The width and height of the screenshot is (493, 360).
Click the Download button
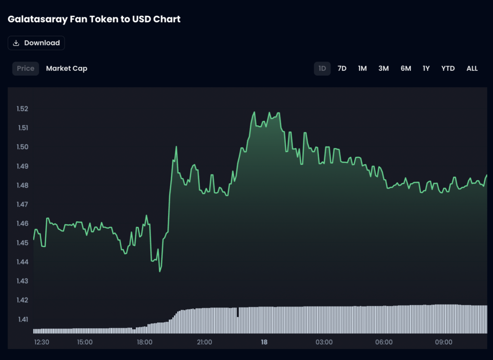click(36, 43)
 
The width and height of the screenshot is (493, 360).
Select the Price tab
click(26, 68)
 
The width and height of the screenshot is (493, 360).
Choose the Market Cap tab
click(66, 68)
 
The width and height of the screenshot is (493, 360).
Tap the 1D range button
click(322, 68)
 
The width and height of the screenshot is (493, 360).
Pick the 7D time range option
click(342, 68)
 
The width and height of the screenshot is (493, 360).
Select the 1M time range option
click(363, 68)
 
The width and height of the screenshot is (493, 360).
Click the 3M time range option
click(383, 68)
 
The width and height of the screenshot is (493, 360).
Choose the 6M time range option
click(406, 68)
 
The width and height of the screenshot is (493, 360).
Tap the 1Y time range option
click(426, 68)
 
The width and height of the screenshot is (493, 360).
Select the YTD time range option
click(448, 68)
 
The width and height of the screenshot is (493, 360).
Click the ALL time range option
click(472, 68)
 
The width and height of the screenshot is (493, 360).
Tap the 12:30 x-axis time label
click(41, 342)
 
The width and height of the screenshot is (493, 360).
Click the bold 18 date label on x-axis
click(264, 342)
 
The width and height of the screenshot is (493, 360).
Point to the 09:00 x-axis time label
click(443, 342)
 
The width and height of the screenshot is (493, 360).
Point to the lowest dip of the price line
click(160, 271)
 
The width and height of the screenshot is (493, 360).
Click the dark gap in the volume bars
click(237, 312)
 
